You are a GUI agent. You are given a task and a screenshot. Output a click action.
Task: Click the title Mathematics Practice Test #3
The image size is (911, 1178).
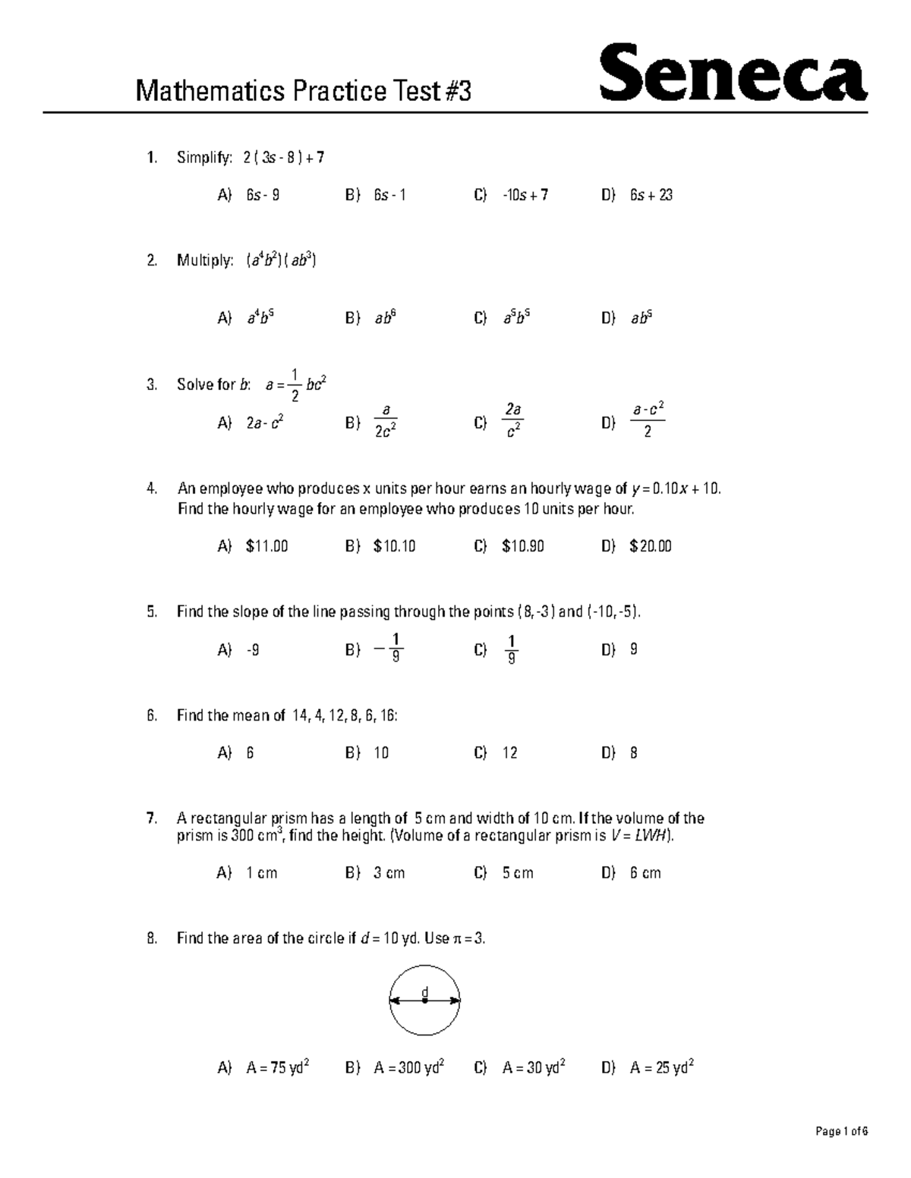303,92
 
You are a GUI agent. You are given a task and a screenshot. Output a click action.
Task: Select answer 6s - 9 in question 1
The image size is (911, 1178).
263,195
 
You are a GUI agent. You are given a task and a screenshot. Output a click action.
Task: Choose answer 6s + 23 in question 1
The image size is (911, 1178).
651,195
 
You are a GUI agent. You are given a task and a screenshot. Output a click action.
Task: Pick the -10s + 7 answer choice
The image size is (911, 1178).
525,195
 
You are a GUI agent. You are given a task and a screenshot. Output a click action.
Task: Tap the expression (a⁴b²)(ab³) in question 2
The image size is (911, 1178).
281,261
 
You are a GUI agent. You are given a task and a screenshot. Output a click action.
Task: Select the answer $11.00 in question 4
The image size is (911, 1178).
266,546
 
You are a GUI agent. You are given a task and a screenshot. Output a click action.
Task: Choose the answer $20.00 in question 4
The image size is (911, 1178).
651,546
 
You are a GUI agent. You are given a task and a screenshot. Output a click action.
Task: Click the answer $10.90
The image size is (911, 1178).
523,546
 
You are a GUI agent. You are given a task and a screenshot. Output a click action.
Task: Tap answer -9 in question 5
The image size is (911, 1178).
253,650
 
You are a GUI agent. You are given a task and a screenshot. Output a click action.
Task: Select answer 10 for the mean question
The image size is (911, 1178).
381,753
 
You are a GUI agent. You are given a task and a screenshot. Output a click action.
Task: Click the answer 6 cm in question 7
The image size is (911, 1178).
645,873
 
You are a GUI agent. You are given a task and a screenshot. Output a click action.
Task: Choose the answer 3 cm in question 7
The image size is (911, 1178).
389,873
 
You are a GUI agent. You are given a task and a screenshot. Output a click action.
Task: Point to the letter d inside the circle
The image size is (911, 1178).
425,991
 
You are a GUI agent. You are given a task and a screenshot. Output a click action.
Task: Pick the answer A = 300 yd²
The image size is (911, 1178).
408,1068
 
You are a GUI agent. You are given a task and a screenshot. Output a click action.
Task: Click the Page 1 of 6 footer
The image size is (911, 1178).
841,1132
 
